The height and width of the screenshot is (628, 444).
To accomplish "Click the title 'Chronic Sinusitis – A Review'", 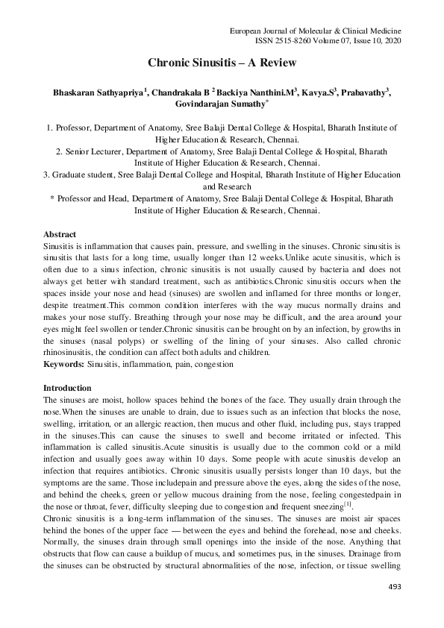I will coord(222,63).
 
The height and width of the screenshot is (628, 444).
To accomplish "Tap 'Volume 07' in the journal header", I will coord(339,41).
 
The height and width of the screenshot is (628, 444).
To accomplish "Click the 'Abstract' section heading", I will coord(60,234).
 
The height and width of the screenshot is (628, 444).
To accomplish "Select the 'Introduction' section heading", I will coord(67,388).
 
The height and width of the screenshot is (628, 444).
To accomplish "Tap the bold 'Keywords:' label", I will coord(63,365).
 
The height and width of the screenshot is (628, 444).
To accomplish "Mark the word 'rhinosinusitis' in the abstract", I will coord(72,354).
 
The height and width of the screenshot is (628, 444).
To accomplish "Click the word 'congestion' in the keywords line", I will coord(213,365).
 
